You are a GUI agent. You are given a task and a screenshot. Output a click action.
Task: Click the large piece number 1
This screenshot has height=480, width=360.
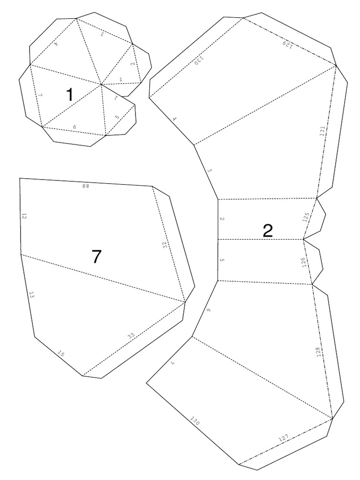[69, 95]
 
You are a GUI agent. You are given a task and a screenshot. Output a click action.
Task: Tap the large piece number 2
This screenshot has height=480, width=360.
[268, 230]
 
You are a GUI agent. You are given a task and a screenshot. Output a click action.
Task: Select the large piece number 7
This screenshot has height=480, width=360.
[96, 256]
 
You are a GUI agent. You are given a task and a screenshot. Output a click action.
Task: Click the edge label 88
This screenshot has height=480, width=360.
[85, 186]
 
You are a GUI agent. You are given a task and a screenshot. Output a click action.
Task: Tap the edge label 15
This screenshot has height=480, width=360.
[61, 354]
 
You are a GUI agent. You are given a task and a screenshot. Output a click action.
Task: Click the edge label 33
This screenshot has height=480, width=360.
[131, 336]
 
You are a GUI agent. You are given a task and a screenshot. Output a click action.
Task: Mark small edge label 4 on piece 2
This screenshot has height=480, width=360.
[174, 120]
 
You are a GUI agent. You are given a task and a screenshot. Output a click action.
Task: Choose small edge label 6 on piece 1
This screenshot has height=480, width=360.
[74, 127]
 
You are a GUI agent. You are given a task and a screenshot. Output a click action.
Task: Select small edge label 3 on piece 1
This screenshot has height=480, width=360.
[101, 34]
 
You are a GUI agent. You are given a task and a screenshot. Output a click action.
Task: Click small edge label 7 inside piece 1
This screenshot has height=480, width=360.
[40, 95]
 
